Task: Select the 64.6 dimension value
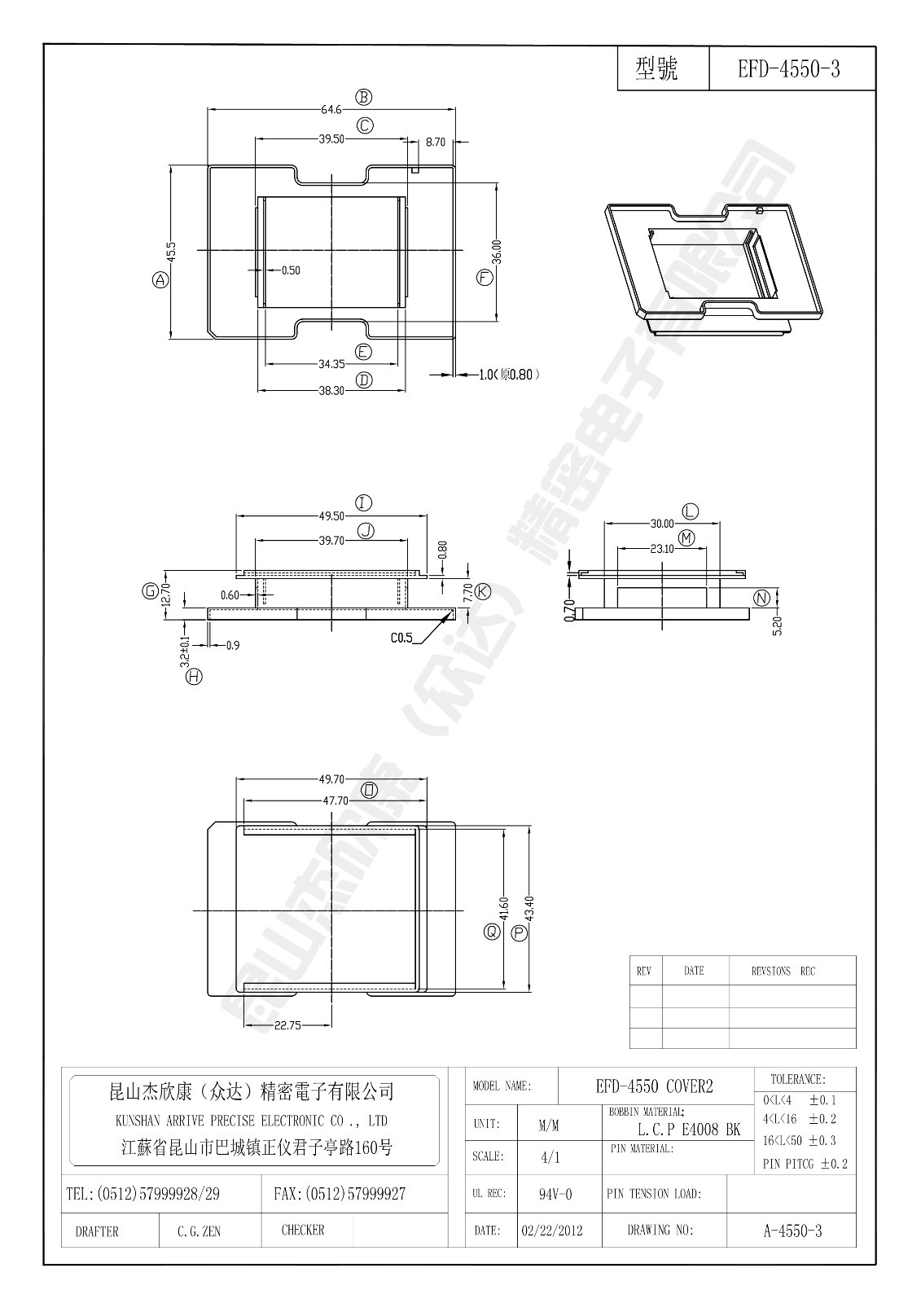[331, 109]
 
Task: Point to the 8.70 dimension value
[436, 142]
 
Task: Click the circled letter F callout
[485, 278]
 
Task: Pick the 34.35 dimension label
[331, 364]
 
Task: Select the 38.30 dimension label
[331, 390]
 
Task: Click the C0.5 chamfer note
[401, 638]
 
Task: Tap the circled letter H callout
[194, 675]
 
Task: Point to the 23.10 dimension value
[661, 549]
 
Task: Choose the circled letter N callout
[761, 599]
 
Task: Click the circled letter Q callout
[492, 932]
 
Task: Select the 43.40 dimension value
[529, 909]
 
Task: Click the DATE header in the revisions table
[694, 971]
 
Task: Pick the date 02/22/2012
[551, 1231]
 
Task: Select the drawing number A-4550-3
[792, 1231]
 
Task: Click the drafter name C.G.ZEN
[199, 1231]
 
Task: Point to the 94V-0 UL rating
[555, 1194]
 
